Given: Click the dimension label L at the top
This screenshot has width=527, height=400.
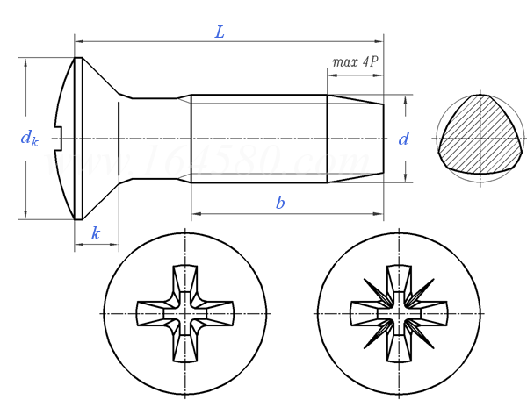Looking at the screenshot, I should (x=220, y=32).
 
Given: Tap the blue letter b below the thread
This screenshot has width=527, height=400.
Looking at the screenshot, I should (x=280, y=204).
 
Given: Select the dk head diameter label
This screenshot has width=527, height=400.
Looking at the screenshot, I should (x=29, y=138).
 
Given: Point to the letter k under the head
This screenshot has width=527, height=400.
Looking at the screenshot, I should (x=95, y=233).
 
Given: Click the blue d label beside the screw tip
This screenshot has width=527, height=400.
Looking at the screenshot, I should (x=404, y=139).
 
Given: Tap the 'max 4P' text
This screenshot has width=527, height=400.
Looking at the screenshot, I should (x=355, y=63).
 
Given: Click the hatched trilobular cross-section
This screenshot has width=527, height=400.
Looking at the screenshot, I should (x=480, y=139).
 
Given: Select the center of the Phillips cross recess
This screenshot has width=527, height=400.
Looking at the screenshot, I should (x=185, y=313).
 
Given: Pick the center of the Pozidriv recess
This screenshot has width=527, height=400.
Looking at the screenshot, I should (x=399, y=313).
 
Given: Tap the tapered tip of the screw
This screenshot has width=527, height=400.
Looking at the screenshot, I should (x=355, y=139).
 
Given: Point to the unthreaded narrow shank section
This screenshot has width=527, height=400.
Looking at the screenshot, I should (x=155, y=139).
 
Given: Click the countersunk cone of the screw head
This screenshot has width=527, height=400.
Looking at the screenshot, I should (x=100, y=139).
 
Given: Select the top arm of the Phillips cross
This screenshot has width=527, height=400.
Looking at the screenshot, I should (x=185, y=279).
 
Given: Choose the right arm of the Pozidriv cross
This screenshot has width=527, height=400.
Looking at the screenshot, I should (x=432, y=313).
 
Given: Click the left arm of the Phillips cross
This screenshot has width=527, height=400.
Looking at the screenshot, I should (x=151, y=313).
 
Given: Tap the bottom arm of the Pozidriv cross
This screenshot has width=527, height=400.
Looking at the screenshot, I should (x=399, y=347).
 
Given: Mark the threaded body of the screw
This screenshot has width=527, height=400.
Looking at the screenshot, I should (x=259, y=139).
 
